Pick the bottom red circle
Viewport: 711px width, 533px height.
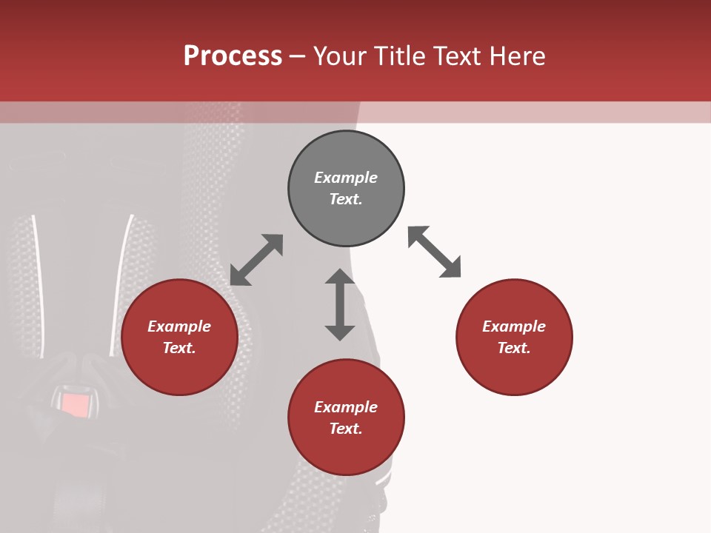346,452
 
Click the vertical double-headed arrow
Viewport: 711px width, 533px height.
340,304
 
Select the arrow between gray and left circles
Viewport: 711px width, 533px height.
256,260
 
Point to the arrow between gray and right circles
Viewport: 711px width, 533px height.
434,252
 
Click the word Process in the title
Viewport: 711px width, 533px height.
233,56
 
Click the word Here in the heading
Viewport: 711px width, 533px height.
517,56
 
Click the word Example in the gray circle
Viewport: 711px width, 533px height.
346,178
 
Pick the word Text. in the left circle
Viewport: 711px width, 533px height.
179,348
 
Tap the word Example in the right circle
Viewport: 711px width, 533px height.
514,326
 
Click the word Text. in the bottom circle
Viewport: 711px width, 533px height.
346,429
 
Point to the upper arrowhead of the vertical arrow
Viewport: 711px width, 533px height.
340,278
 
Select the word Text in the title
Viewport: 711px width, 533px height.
457,56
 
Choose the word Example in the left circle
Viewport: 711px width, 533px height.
179,326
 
